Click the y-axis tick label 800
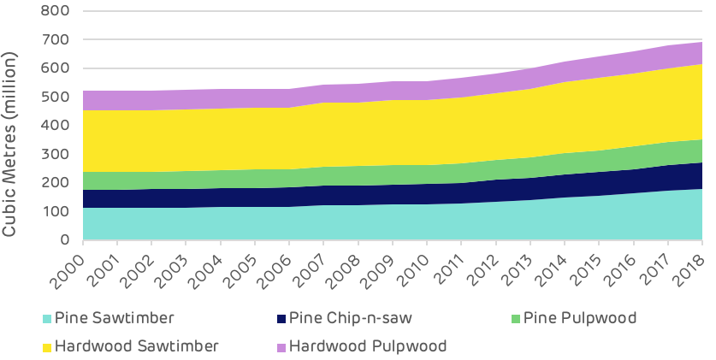click(x=57, y=12)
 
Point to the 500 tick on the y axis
click(x=57, y=97)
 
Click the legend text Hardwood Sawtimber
click(x=137, y=346)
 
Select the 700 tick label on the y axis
click(x=57, y=40)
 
